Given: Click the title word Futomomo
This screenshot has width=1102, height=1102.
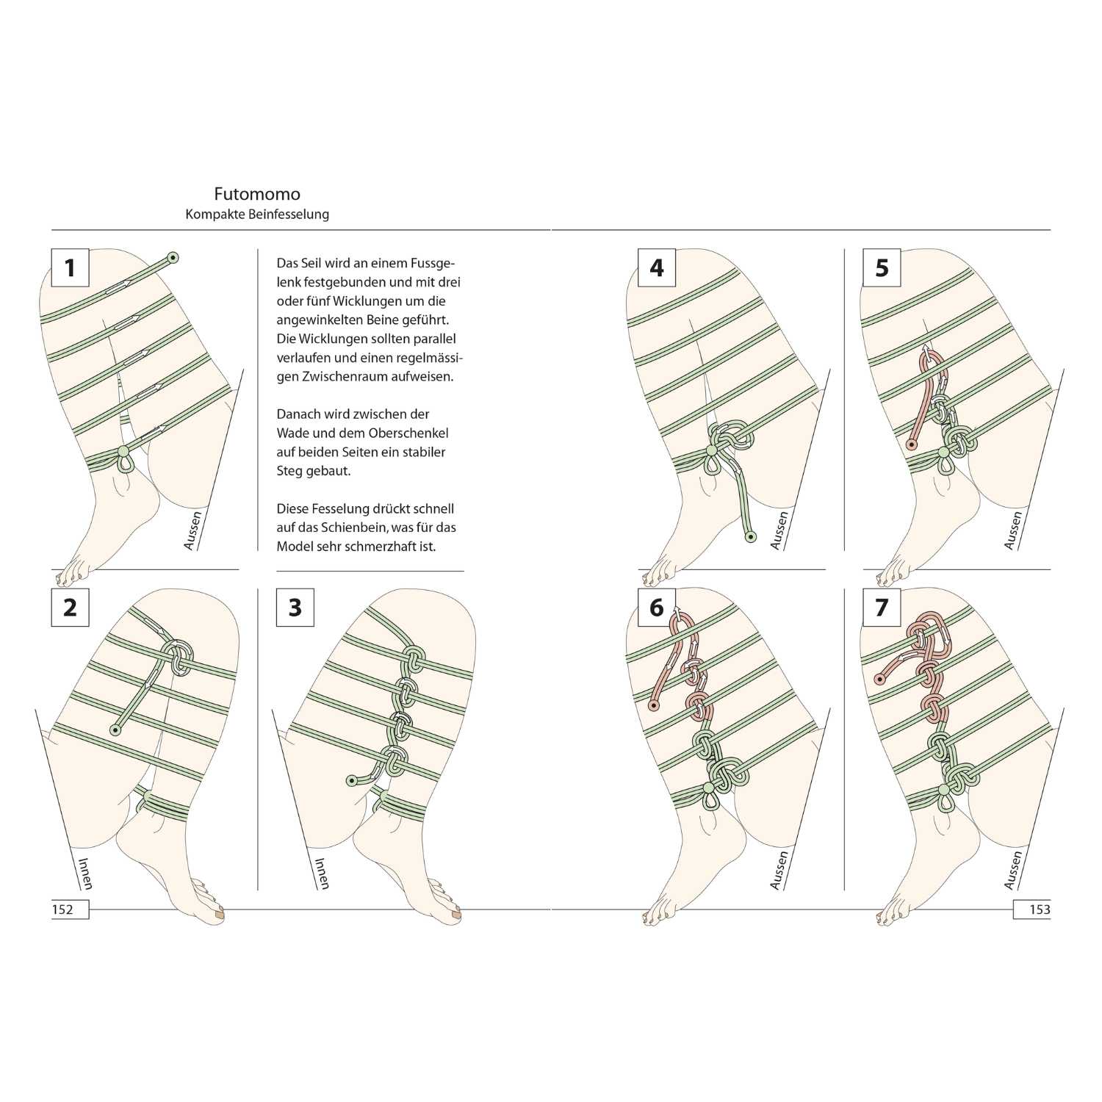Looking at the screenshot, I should (257, 194).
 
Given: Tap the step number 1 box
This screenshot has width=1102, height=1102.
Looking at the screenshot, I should (70, 267).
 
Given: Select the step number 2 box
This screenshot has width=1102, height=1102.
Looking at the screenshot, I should (70, 608).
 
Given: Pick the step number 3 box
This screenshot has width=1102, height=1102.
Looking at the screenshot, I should (295, 608).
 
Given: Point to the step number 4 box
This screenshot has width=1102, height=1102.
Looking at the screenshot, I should (657, 267).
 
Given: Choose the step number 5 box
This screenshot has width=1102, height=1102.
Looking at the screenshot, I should (882, 267).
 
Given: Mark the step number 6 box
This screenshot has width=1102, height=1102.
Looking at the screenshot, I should (657, 608).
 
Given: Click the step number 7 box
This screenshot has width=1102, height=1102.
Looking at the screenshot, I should (882, 608).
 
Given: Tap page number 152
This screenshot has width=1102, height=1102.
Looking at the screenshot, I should (63, 910).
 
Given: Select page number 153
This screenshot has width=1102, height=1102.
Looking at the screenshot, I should (1040, 910).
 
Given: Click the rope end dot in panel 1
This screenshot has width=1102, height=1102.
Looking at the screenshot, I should (173, 257).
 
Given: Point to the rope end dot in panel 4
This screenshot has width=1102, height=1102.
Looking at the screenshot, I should (750, 537).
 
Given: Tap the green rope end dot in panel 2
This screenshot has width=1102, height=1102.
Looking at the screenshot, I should (115, 730).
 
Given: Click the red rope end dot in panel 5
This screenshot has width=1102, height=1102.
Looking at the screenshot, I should (911, 444).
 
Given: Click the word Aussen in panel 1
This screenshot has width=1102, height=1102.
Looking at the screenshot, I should (192, 530).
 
